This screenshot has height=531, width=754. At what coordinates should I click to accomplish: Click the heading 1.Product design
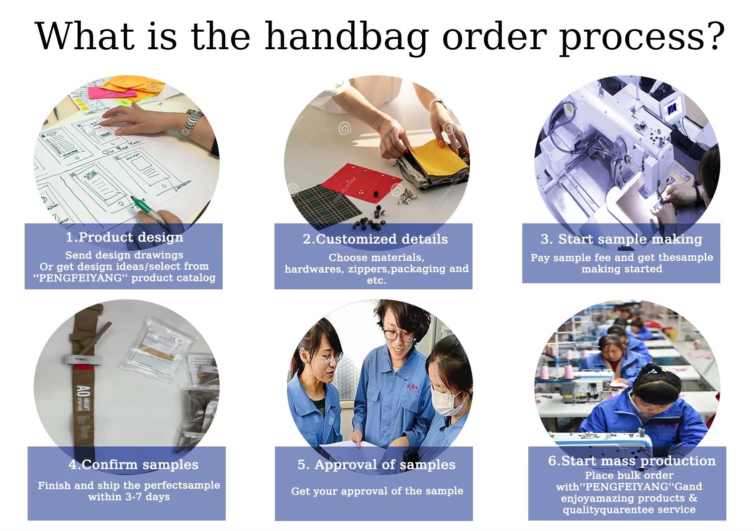125,238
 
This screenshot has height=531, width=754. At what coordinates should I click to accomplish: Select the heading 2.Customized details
375,239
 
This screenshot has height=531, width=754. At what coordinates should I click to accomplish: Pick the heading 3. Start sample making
621,239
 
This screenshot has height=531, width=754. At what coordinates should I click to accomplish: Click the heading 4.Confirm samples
134,464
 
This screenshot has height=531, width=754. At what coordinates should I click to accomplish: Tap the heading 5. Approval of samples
376,464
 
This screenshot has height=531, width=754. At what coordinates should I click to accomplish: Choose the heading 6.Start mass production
632,461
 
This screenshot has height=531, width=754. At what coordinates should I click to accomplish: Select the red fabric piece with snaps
361,184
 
